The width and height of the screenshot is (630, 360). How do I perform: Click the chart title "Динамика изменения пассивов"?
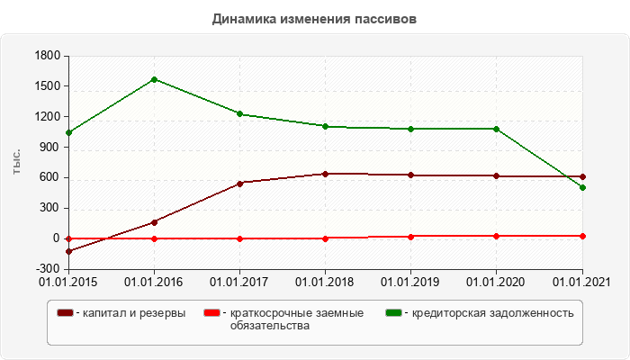point(314,18)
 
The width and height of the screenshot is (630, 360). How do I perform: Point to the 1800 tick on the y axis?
point(47,57)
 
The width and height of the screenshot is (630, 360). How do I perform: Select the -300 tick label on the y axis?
point(47,269)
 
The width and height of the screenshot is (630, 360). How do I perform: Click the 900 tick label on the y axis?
point(49,148)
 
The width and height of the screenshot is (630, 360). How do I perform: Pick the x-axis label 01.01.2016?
point(154,283)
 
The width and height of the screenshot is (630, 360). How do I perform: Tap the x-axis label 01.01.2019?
point(411,283)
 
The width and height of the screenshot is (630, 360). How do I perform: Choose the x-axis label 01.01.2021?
point(581,283)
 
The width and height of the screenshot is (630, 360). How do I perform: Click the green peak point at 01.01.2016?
point(155,79)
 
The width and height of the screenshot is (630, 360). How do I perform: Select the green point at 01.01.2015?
point(69,132)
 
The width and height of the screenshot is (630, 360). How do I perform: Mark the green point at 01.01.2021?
point(582,187)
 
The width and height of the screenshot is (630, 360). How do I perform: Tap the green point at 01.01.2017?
point(240,114)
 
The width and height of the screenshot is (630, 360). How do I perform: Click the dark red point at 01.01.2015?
point(69,251)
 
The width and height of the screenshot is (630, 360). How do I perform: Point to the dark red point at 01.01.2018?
point(326,174)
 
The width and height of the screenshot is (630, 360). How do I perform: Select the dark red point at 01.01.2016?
point(155,221)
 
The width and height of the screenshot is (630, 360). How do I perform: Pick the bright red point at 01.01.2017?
point(240,238)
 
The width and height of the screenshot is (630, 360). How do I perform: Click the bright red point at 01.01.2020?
point(497,236)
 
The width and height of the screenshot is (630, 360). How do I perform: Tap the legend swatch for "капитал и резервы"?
point(66,312)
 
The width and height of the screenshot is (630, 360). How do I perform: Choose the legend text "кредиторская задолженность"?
point(492,312)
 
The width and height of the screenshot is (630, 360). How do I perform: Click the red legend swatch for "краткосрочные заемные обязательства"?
point(211,312)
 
